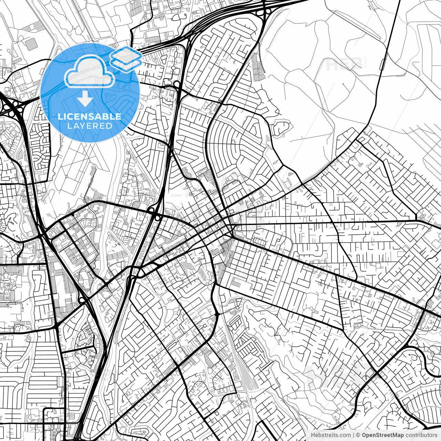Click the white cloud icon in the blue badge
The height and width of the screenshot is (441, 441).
pyautogui.click(x=89, y=71)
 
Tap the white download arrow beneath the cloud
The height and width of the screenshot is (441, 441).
pyautogui.click(x=84, y=99)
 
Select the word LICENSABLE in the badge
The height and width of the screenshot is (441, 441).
pyautogui.click(x=90, y=116)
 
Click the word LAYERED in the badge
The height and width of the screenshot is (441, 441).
pyautogui.click(x=90, y=126)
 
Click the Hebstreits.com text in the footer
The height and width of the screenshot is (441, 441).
pyautogui.click(x=331, y=435)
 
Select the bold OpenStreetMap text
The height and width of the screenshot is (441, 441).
pyautogui.click(x=383, y=435)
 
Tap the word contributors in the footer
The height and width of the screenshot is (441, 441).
pyautogui.click(x=421, y=435)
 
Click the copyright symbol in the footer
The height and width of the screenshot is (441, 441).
pyautogui.click(x=358, y=435)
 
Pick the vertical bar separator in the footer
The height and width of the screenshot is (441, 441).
pyautogui.click(x=353, y=435)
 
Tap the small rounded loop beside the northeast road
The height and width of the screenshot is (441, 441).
pyautogui.click(x=383, y=64)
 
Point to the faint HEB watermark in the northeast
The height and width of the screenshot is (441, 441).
pyautogui.click(x=345, y=64)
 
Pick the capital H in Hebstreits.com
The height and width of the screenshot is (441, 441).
pyautogui.click(x=313, y=435)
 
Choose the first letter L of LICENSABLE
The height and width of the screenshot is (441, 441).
pyautogui.click(x=60, y=116)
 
